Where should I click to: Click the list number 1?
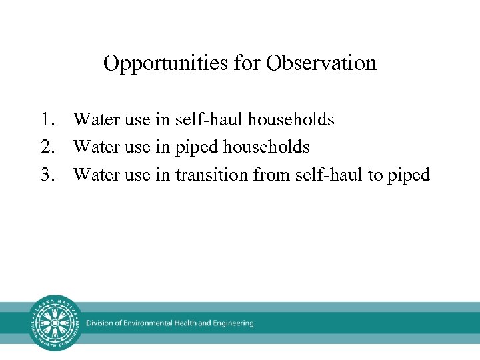[x=45, y=120]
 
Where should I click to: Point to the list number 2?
[x=45, y=147]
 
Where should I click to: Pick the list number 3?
[x=45, y=175]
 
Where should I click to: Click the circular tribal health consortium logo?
[x=56, y=323]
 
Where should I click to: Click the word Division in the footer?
[x=100, y=323]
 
